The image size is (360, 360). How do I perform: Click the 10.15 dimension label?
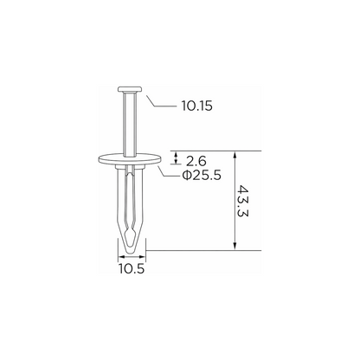[197, 106]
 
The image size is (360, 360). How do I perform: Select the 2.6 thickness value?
[196, 161]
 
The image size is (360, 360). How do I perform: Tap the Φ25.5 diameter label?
[202, 175]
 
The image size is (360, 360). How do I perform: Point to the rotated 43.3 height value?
[243, 201]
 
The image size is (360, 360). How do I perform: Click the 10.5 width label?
[132, 269]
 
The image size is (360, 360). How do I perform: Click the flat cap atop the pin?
[130, 89]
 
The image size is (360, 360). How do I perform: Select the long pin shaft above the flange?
[129, 124]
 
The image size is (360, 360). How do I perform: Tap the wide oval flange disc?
[130, 159]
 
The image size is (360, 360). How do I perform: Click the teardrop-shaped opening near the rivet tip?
[131, 234]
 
